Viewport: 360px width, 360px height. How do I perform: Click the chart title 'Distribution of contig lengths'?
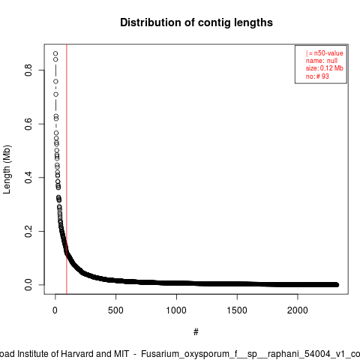pos(196,22)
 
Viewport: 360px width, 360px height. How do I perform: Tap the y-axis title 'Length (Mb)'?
pos(7,169)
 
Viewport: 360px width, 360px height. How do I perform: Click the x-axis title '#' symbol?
pos(196,332)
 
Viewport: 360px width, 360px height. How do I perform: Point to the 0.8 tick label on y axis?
pos(28,70)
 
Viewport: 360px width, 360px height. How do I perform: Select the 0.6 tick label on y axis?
pos(28,124)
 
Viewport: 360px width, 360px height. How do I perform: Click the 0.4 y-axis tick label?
pos(28,178)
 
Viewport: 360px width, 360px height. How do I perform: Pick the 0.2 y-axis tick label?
pos(28,231)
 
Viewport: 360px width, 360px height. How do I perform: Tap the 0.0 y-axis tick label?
pos(28,285)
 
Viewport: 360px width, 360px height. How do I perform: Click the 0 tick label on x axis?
pos(55,310)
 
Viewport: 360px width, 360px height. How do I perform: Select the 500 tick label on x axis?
pos(115,310)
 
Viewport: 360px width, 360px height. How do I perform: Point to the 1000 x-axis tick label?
pos(176,310)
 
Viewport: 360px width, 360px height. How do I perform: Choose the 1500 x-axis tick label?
pos(237,310)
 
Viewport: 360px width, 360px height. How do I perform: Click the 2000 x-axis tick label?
pos(298,310)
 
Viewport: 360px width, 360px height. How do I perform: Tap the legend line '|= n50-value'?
pos(324,53)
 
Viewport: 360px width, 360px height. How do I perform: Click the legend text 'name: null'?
pos(322,61)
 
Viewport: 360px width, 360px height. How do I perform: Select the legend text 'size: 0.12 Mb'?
pos(325,68)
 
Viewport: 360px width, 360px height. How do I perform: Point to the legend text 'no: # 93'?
pos(317,76)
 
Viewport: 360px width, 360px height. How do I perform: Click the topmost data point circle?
pos(55,53)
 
